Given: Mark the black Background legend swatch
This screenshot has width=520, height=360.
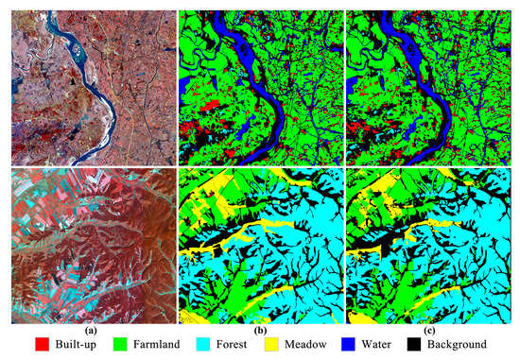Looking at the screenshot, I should tap(441, 347).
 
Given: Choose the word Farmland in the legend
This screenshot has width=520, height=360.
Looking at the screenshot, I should tap(166, 347).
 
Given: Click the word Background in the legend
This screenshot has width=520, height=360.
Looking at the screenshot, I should tap(481, 347).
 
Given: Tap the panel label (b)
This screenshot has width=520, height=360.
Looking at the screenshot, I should tap(261, 331).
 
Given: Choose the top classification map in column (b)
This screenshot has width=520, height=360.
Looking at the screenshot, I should tap(261, 84).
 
